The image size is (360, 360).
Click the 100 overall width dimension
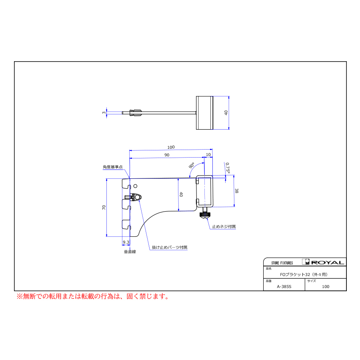pos(171,147)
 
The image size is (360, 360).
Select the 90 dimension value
pos(167,155)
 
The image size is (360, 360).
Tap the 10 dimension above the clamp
pos(208,154)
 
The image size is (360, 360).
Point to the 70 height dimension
pos(104,207)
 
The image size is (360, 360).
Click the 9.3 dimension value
pos(126,242)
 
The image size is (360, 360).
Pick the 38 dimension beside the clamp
pos(236,191)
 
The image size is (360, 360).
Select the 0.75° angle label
pos(227,168)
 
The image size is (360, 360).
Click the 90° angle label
pos(192,165)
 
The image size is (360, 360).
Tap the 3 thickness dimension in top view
pos(104,113)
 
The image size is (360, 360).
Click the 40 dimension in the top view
pos(226,113)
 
